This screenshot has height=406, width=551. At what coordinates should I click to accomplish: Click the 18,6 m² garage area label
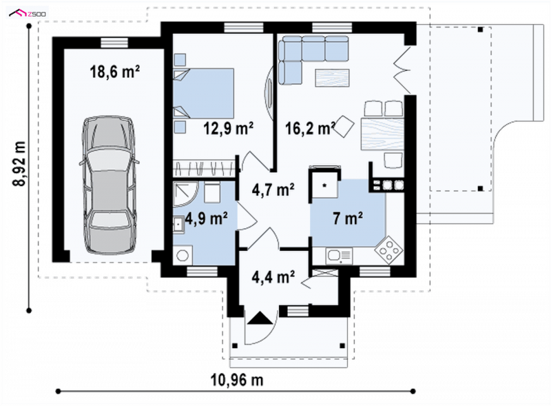(x=115, y=72)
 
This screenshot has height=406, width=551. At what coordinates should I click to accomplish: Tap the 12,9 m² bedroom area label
(x=229, y=128)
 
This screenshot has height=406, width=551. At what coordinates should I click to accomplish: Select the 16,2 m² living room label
(x=310, y=128)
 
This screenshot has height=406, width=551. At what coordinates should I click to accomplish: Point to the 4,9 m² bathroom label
(x=206, y=219)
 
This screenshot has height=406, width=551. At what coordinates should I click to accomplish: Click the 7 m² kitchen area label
(x=348, y=218)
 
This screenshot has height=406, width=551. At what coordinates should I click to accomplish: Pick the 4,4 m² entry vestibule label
(x=273, y=276)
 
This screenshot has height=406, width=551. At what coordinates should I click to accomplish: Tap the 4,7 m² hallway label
(x=273, y=190)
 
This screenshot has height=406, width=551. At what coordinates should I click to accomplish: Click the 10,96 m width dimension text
(x=237, y=380)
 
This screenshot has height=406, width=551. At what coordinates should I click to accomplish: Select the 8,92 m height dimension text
(x=20, y=163)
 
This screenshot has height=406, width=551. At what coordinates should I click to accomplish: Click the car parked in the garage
(x=110, y=185)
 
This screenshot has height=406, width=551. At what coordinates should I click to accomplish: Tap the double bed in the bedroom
(x=203, y=93)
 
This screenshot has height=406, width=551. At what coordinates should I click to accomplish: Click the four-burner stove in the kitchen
(x=388, y=250)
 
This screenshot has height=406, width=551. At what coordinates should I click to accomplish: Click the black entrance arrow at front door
(x=260, y=318)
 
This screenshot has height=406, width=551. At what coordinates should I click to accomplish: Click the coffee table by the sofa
(x=333, y=78)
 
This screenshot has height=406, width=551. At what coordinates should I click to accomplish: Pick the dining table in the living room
(x=382, y=134)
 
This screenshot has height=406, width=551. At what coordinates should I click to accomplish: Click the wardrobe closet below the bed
(x=204, y=168)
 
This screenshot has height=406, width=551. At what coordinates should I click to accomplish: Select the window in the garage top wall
(x=114, y=43)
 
